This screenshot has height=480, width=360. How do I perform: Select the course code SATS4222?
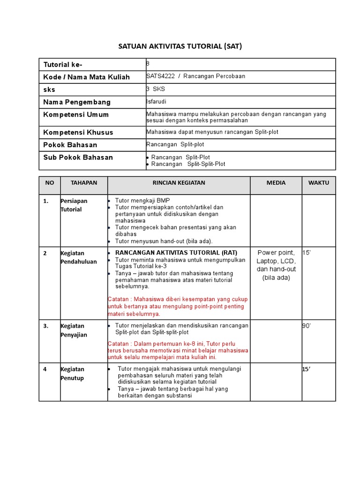(x=160, y=76)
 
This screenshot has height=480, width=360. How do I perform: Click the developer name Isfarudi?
(x=156, y=102)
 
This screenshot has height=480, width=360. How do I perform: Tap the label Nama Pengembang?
(x=77, y=102)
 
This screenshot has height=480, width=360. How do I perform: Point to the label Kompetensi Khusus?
(x=78, y=132)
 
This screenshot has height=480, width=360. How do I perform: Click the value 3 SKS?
(x=156, y=89)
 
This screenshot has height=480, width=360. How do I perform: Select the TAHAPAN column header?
(x=84, y=183)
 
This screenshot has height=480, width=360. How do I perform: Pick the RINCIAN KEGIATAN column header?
(x=179, y=183)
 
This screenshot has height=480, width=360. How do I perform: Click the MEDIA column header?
(x=276, y=183)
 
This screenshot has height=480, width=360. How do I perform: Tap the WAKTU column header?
(x=319, y=183)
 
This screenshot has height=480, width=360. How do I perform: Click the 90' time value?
(x=307, y=326)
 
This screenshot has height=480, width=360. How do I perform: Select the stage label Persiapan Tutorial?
(x=74, y=205)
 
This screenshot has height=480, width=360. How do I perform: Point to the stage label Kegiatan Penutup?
(x=72, y=374)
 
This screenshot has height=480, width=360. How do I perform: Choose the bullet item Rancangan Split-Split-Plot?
(x=188, y=164)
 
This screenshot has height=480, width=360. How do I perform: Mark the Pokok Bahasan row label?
(x=70, y=145)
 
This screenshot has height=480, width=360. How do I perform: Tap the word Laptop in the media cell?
(x=266, y=261)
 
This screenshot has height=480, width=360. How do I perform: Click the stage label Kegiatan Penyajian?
(x=74, y=330)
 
